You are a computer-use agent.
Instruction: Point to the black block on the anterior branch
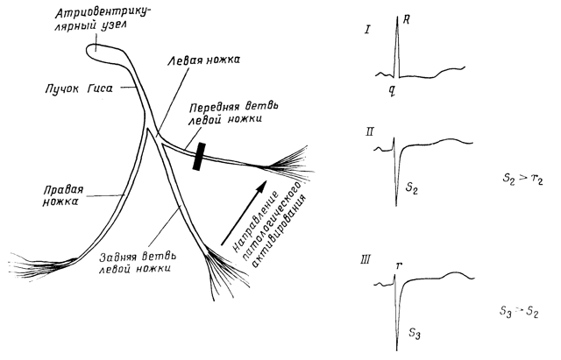200,154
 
